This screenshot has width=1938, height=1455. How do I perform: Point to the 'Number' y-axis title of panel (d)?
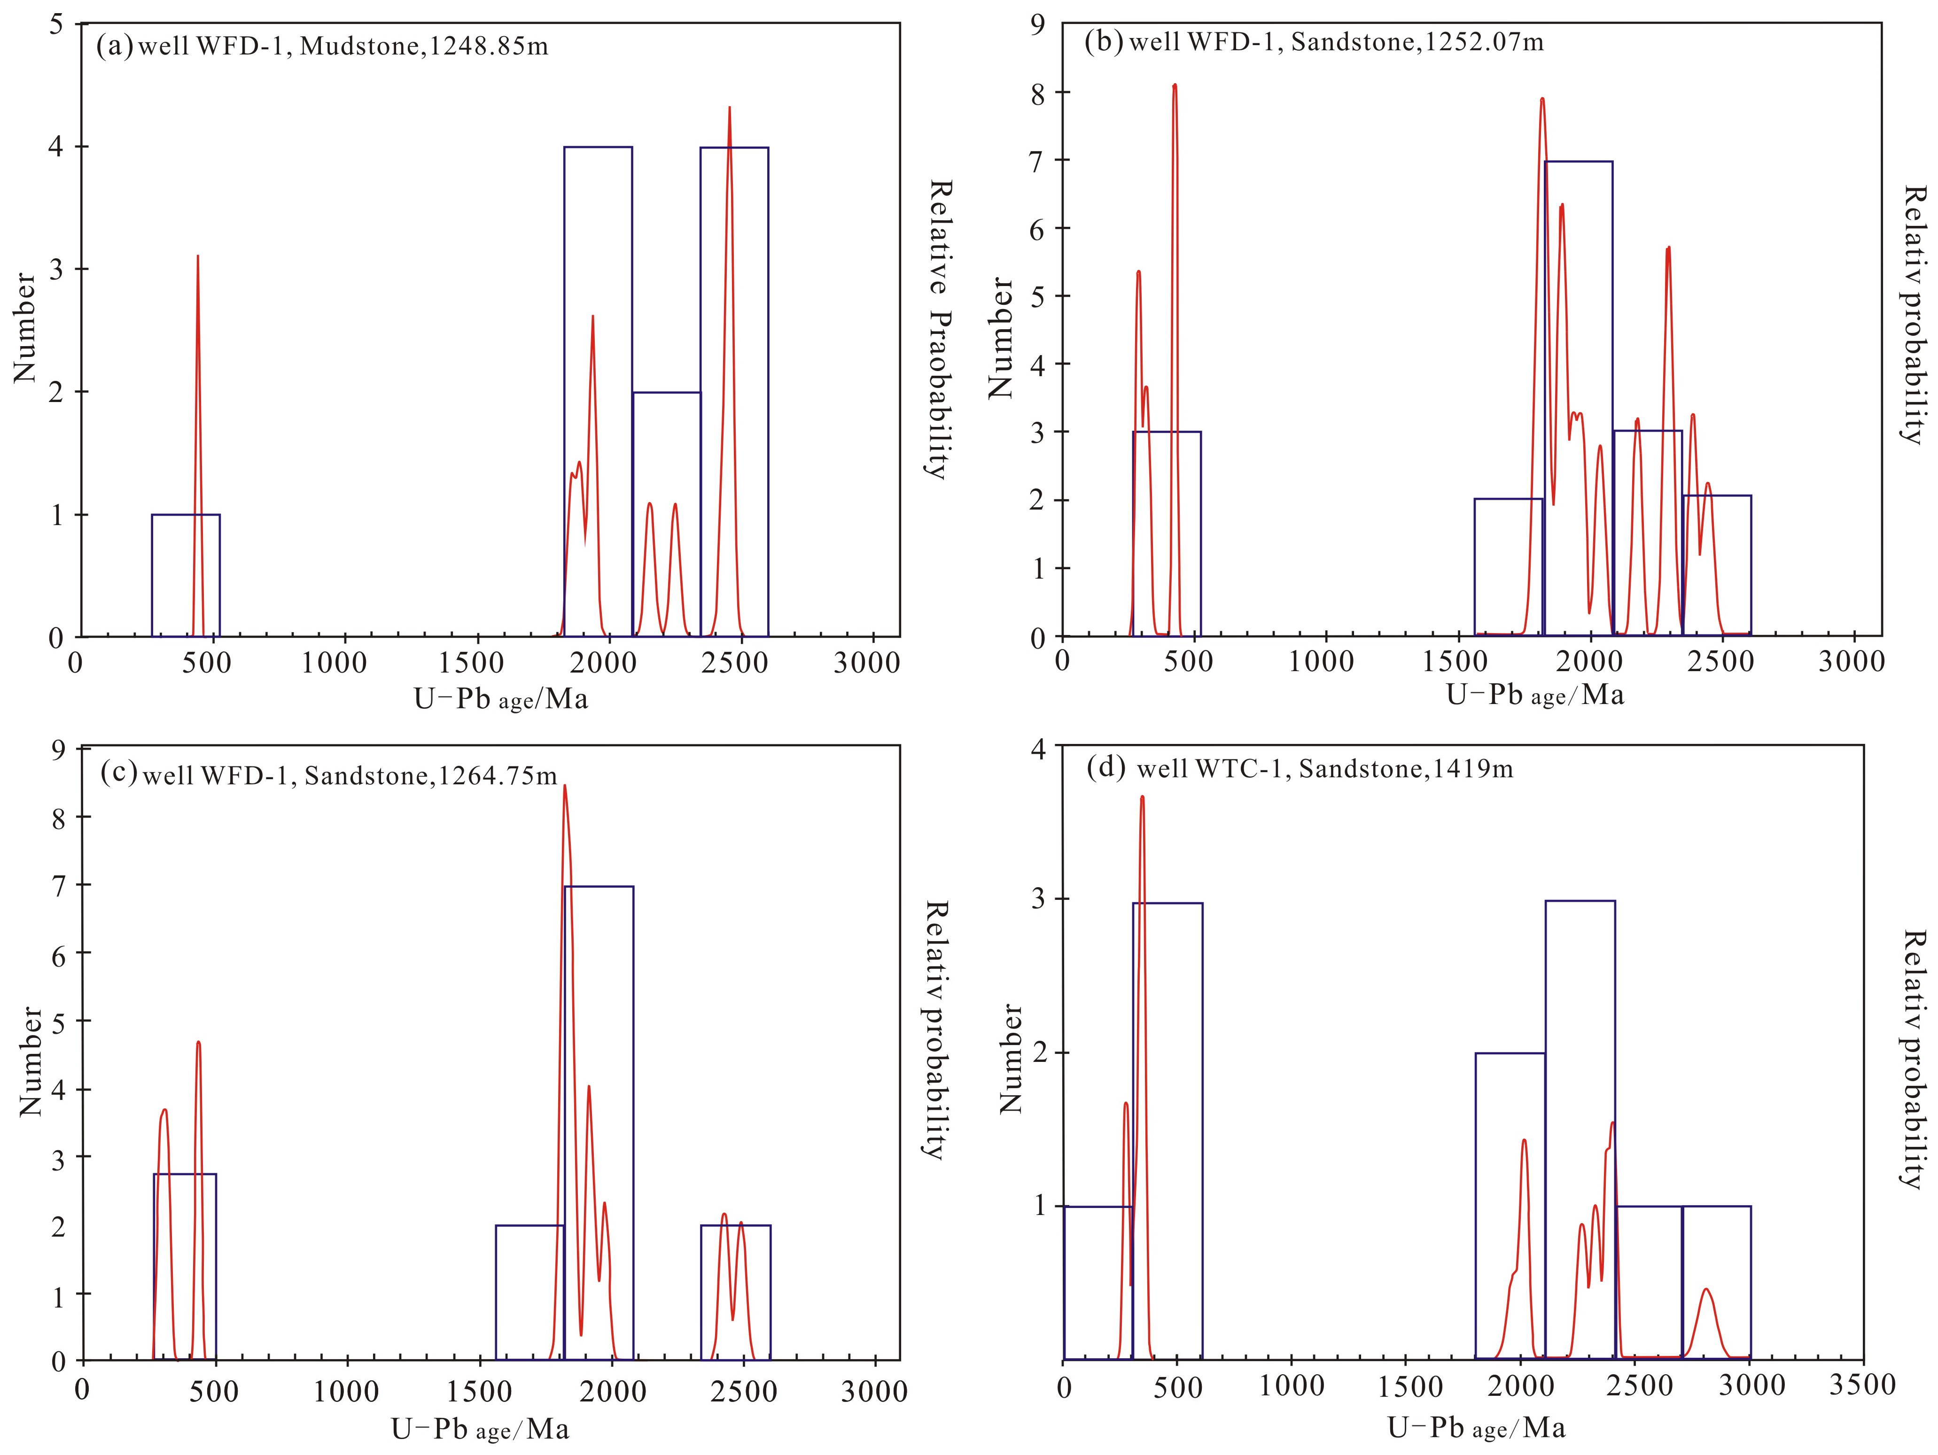1012,1058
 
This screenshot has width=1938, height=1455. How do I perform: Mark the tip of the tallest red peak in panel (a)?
729,107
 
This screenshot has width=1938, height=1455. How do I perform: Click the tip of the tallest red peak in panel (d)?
1143,796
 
